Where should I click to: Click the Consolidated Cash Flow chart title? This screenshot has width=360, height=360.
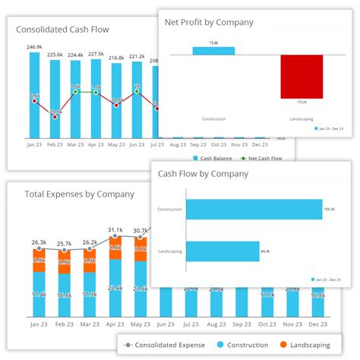63,31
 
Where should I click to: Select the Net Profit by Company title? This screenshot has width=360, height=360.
209,22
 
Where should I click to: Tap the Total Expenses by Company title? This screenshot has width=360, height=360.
79,194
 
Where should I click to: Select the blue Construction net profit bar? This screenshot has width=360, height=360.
213,50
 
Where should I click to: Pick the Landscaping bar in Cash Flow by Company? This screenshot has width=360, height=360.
223,251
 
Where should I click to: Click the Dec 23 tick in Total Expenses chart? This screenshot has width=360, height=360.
317,324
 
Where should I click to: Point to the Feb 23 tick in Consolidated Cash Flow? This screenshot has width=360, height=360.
55,143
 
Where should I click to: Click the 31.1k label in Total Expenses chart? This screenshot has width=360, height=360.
115,229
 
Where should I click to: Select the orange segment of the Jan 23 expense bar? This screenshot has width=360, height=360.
39,261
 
